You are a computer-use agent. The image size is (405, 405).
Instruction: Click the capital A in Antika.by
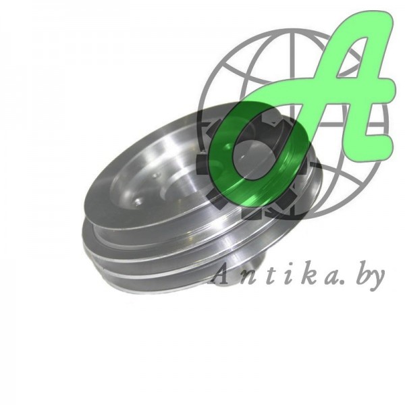(219, 276)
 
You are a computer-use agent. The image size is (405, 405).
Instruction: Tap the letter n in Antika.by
(246, 279)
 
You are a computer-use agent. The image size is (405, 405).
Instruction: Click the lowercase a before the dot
(331, 279)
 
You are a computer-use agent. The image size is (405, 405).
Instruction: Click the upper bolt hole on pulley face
(155, 176)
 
